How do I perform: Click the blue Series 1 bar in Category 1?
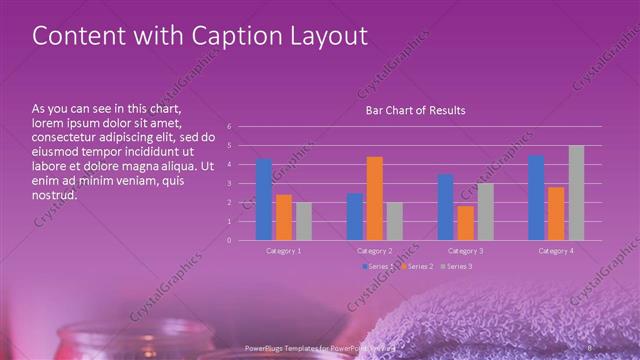pos(264,199)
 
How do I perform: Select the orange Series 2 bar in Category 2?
pos(375,198)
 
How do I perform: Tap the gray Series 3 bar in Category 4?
pos(576,193)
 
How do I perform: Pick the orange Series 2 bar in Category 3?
pos(466,223)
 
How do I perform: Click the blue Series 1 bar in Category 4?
pos(536,198)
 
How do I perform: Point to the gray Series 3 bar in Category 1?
pos(304,221)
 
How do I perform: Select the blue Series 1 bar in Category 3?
pos(446,207)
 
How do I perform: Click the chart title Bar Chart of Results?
pos(414,110)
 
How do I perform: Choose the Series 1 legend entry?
pos(378,266)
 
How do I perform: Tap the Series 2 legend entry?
pos(416,266)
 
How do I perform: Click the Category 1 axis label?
pos(284,251)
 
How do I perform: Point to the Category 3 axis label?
pos(466,251)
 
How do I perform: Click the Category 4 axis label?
pos(556,251)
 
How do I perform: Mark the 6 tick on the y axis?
pos(229,127)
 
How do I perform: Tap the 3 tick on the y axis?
pos(229,184)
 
